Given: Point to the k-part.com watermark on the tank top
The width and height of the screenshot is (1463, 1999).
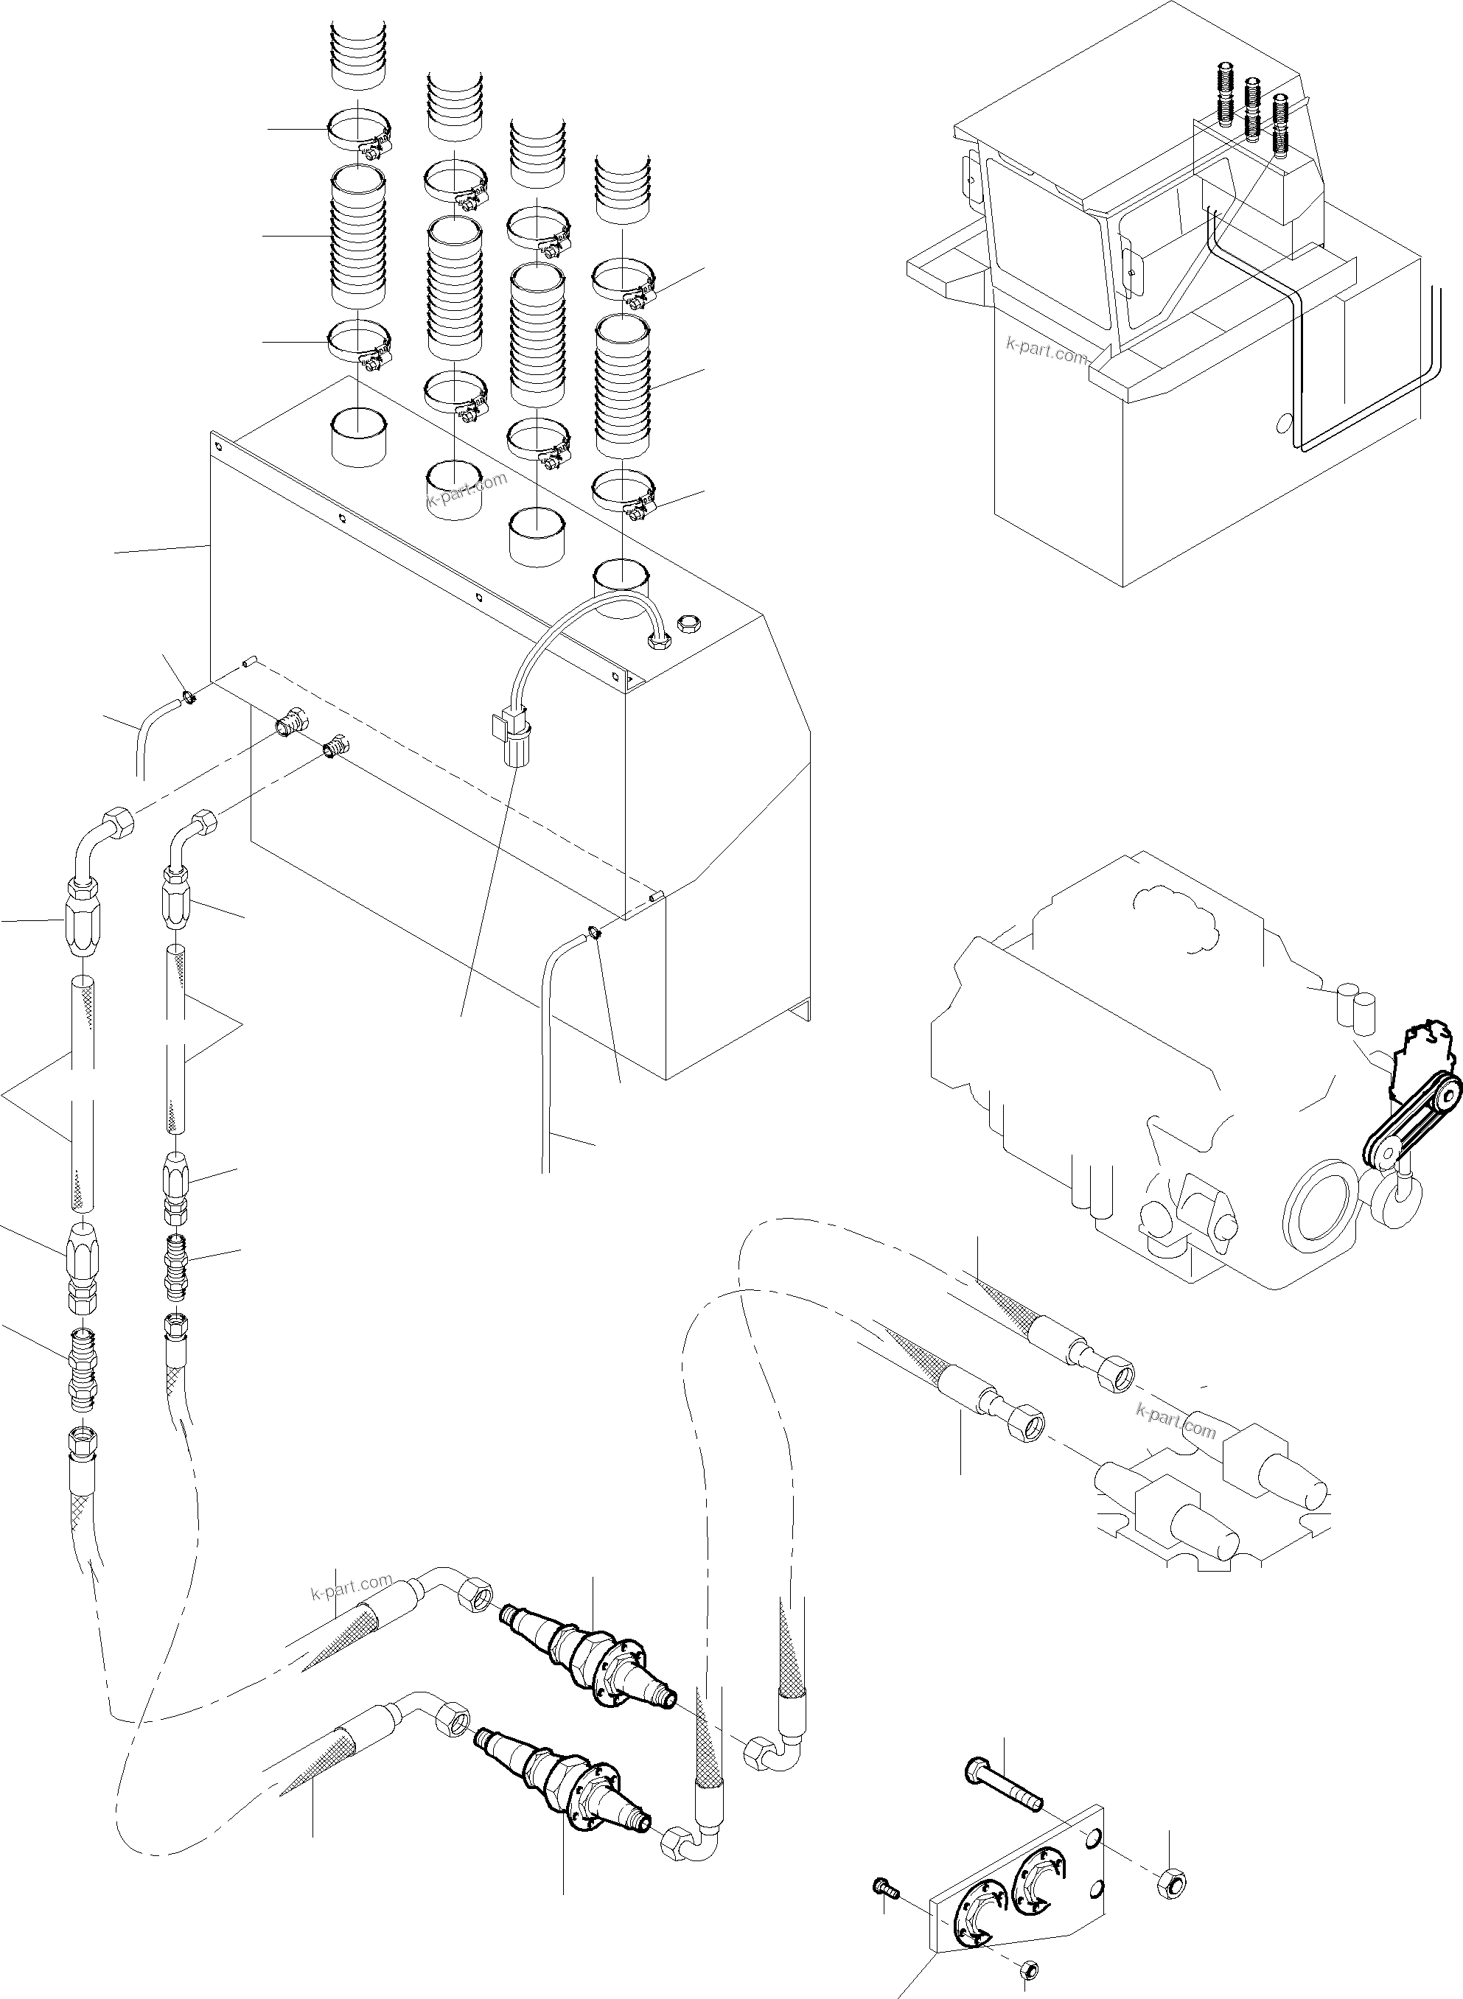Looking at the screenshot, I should [x=467, y=491].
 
